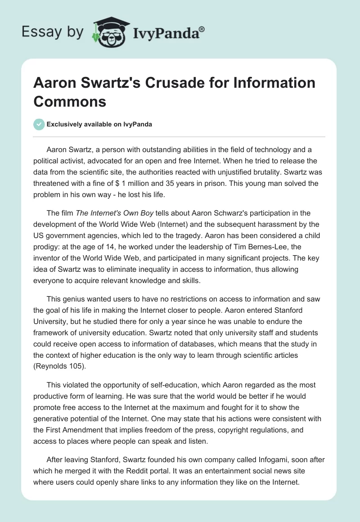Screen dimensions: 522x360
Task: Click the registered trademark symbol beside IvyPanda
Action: pyautogui.click(x=202, y=29)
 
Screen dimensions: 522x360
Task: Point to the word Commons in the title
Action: pyautogui.click(x=70, y=101)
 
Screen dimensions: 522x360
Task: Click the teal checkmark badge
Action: pyautogui.click(x=39, y=124)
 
